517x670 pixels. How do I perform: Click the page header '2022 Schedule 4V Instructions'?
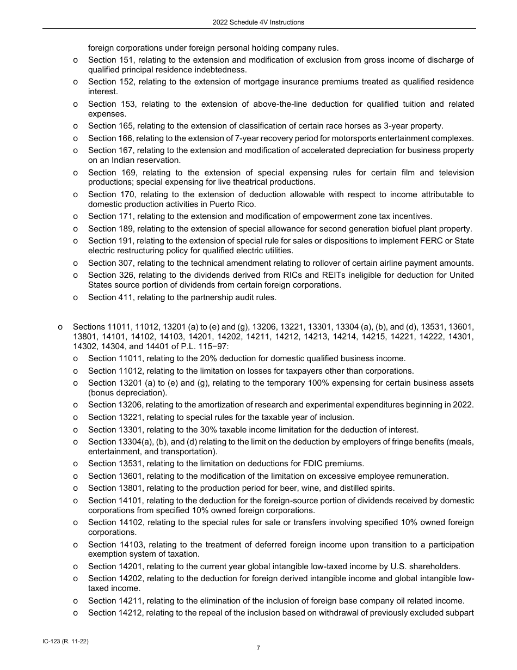pos(258,22)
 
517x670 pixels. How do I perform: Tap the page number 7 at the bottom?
pos(258,648)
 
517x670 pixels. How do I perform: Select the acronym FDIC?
pos(316,464)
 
